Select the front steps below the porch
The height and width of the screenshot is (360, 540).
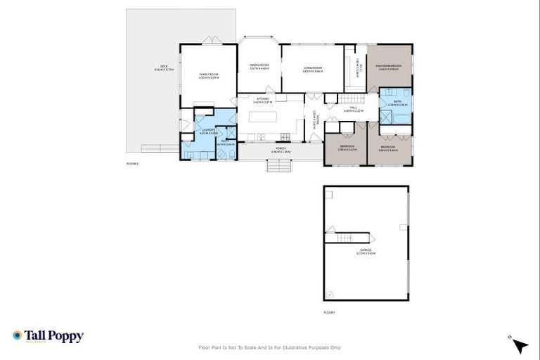278,166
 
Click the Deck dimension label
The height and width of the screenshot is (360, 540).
163,69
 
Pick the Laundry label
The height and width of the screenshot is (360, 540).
208,130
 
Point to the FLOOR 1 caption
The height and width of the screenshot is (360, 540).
329,311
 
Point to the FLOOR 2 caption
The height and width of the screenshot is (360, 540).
132,162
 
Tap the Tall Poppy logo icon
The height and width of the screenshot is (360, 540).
17,336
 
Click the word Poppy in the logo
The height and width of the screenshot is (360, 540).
67,336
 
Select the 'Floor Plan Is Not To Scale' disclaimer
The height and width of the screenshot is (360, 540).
270,347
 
